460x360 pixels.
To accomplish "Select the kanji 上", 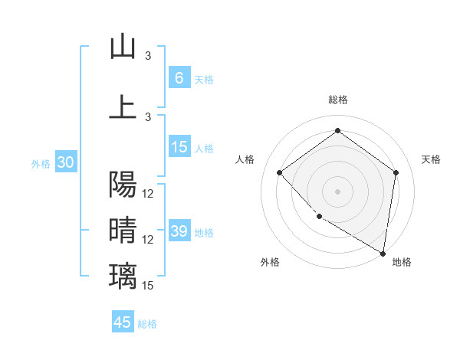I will [x=123, y=106].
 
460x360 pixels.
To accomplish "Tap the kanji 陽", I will [x=123, y=185].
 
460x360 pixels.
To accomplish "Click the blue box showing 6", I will [x=179, y=77].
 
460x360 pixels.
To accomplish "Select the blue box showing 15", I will [x=179, y=147].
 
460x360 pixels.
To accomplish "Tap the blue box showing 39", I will [x=179, y=231].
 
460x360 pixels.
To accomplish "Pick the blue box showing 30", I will [x=64, y=162].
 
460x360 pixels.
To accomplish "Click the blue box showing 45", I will [x=123, y=322].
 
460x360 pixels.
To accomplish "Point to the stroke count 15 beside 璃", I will [x=148, y=286].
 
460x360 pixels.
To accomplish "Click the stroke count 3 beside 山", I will [x=148, y=56].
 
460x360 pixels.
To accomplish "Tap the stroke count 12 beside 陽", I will [x=148, y=194].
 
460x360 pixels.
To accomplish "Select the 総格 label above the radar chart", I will [x=337, y=100].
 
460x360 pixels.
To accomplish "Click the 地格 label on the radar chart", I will [x=402, y=263].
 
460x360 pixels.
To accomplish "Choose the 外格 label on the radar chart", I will [x=270, y=263].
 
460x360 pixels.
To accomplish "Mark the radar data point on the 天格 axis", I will [x=396, y=172].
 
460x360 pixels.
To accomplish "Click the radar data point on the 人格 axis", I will [x=280, y=172].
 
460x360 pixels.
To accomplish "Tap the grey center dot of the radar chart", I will [x=337, y=191].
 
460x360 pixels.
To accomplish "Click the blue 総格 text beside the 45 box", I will [x=147, y=324].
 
